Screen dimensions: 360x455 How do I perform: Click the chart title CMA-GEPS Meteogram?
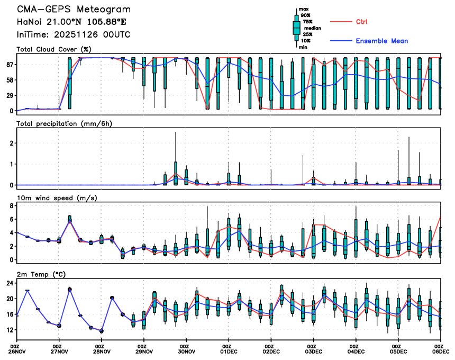coord(74,10)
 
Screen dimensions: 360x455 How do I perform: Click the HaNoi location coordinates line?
coord(71,22)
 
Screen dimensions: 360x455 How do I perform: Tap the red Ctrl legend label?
coord(362,22)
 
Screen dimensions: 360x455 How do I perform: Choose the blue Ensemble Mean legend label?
coord(381,41)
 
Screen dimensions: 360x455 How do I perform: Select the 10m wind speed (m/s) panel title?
coord(58,198)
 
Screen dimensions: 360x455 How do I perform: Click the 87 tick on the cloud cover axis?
coord(10,65)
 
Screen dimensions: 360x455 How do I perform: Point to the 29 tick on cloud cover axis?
coord(10,95)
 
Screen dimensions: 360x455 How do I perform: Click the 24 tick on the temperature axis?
coord(10,283)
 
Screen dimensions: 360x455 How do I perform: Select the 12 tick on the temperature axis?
coord(10,330)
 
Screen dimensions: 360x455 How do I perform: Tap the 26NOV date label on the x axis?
coord(17,350)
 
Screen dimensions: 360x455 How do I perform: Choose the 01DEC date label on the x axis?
coord(229,350)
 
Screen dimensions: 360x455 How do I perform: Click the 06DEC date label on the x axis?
coord(440,350)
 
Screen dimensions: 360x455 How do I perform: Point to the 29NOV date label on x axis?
coord(144,350)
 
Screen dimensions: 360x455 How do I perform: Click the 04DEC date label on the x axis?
coord(356,350)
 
